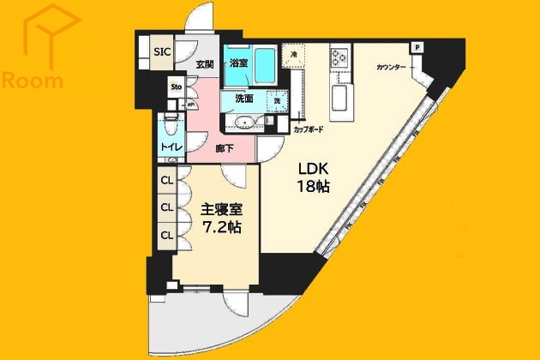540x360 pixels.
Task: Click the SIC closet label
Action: point(162,51)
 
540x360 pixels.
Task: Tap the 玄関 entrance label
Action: point(204,64)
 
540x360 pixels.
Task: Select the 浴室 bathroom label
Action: point(239,63)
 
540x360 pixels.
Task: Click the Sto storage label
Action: point(175,87)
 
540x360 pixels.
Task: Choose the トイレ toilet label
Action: point(170,147)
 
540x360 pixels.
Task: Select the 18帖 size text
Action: point(314,187)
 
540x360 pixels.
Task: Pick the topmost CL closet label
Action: point(166,182)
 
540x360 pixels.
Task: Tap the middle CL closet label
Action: point(166,207)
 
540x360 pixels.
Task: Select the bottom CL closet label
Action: point(166,233)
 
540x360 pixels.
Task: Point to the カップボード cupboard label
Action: point(309,129)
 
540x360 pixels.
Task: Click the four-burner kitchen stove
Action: point(338,58)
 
